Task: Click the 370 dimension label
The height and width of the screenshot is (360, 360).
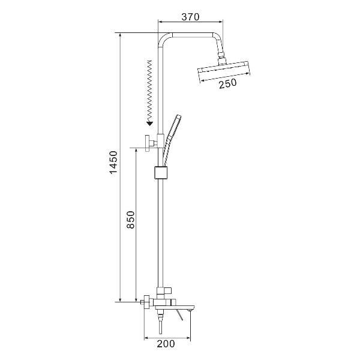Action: [190, 17]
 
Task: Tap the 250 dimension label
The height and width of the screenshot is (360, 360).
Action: [227, 83]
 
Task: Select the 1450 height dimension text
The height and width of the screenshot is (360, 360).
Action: [113, 163]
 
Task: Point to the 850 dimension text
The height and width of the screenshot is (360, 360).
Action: [131, 220]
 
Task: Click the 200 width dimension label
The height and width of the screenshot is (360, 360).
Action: [166, 344]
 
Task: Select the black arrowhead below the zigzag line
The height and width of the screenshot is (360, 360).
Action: [149, 124]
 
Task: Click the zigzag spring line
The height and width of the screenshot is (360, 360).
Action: [149, 91]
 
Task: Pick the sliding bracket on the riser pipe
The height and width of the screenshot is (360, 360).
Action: [160, 172]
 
